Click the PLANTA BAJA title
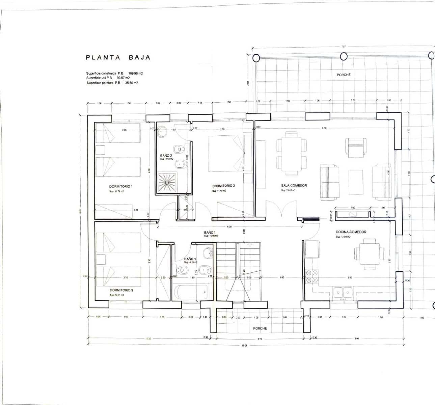[118, 57]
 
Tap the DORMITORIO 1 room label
[121, 186]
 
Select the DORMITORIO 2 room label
[223, 186]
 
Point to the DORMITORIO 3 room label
[121, 290]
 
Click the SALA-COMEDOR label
[294, 186]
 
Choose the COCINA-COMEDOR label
[351, 232]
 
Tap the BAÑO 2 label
[166, 156]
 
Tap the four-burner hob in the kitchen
[311, 276]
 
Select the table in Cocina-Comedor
[369, 253]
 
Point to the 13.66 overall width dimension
[245, 345]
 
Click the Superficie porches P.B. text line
[112, 83]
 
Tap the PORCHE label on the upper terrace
[344, 75]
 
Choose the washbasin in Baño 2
[162, 132]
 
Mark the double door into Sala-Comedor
[281, 209]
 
